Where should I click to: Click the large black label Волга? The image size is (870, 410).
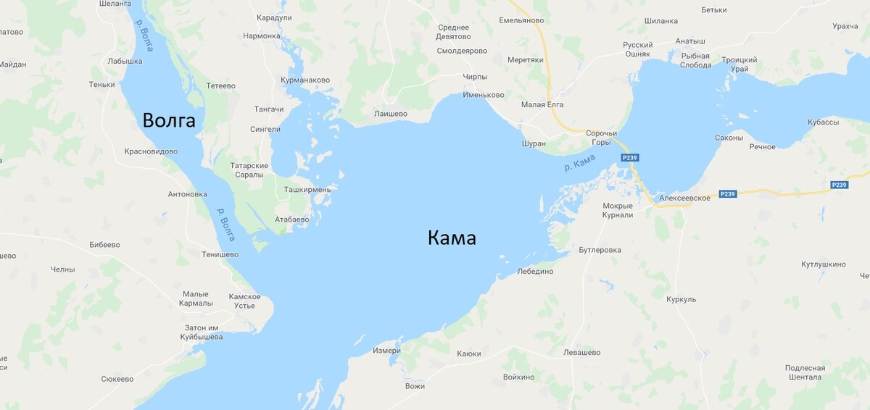point(169,120)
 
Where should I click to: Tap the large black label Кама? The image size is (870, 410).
point(452,238)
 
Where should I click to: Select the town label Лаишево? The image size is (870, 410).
point(390,114)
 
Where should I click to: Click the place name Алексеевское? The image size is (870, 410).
point(684,198)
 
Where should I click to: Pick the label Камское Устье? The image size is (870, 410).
point(244,301)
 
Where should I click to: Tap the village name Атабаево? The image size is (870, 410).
point(292,219)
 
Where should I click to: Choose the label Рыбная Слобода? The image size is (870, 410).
point(695,59)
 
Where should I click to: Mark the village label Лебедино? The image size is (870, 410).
point(535,271)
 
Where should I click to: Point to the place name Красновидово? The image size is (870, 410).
point(151,151)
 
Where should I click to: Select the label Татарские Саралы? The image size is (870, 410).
point(249,170)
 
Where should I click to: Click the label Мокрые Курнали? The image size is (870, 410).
point(618,210)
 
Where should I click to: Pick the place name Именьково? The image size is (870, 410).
point(484,95)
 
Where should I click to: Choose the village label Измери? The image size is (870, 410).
point(386,351)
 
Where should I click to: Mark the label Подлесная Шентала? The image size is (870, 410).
point(805,372)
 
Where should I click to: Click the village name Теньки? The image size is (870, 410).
point(102,84)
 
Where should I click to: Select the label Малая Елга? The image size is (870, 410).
point(542,104)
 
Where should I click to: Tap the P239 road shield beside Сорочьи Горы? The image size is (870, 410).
point(629,157)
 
